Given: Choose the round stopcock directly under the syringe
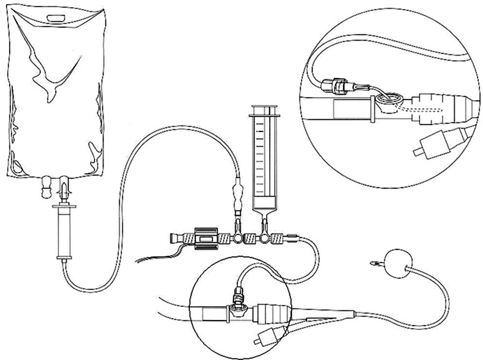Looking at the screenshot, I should tap(265, 239).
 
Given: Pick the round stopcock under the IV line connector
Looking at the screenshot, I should tap(238, 239).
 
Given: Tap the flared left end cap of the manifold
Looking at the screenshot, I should tap(173, 239).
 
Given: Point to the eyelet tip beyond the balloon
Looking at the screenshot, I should tap(374, 264).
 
